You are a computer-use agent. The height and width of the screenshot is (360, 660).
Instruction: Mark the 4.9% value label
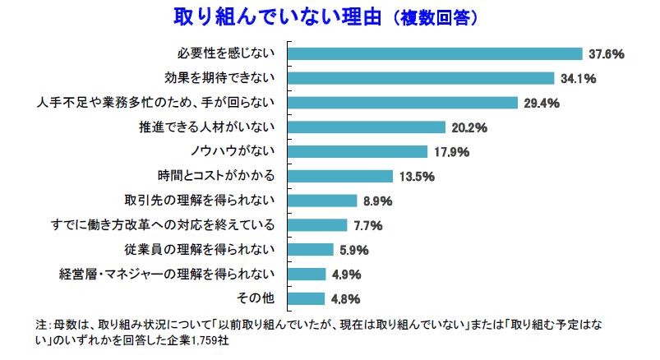tap(344, 274)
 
